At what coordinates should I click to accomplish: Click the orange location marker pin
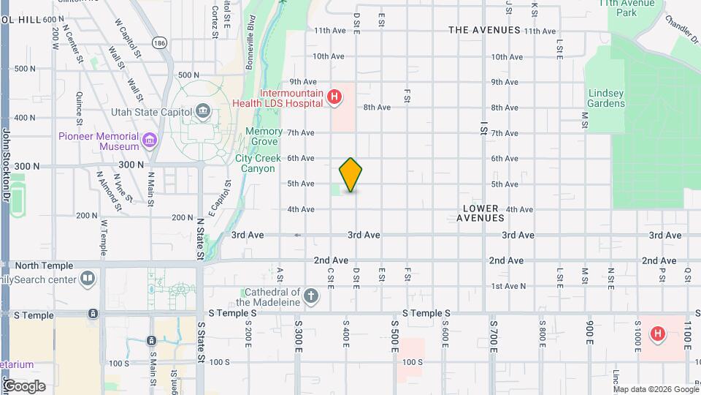pyautogui.click(x=350, y=175)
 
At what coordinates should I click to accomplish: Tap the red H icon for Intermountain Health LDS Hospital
pyautogui.click(x=334, y=96)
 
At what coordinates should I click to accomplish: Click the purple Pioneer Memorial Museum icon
pyautogui.click(x=150, y=140)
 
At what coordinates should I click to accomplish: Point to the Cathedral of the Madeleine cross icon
pyautogui.click(x=311, y=296)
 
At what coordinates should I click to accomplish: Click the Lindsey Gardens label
pyautogui.click(x=607, y=98)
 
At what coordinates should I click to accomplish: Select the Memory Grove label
pyautogui.click(x=264, y=136)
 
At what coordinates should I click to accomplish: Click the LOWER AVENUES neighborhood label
pyautogui.click(x=480, y=213)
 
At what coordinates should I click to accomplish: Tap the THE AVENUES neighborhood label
pyautogui.click(x=484, y=30)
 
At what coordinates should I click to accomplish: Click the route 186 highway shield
pyautogui.click(x=160, y=43)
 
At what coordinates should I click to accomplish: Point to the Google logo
pyautogui.click(x=23, y=385)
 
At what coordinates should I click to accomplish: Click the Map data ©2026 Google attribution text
pyautogui.click(x=655, y=388)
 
